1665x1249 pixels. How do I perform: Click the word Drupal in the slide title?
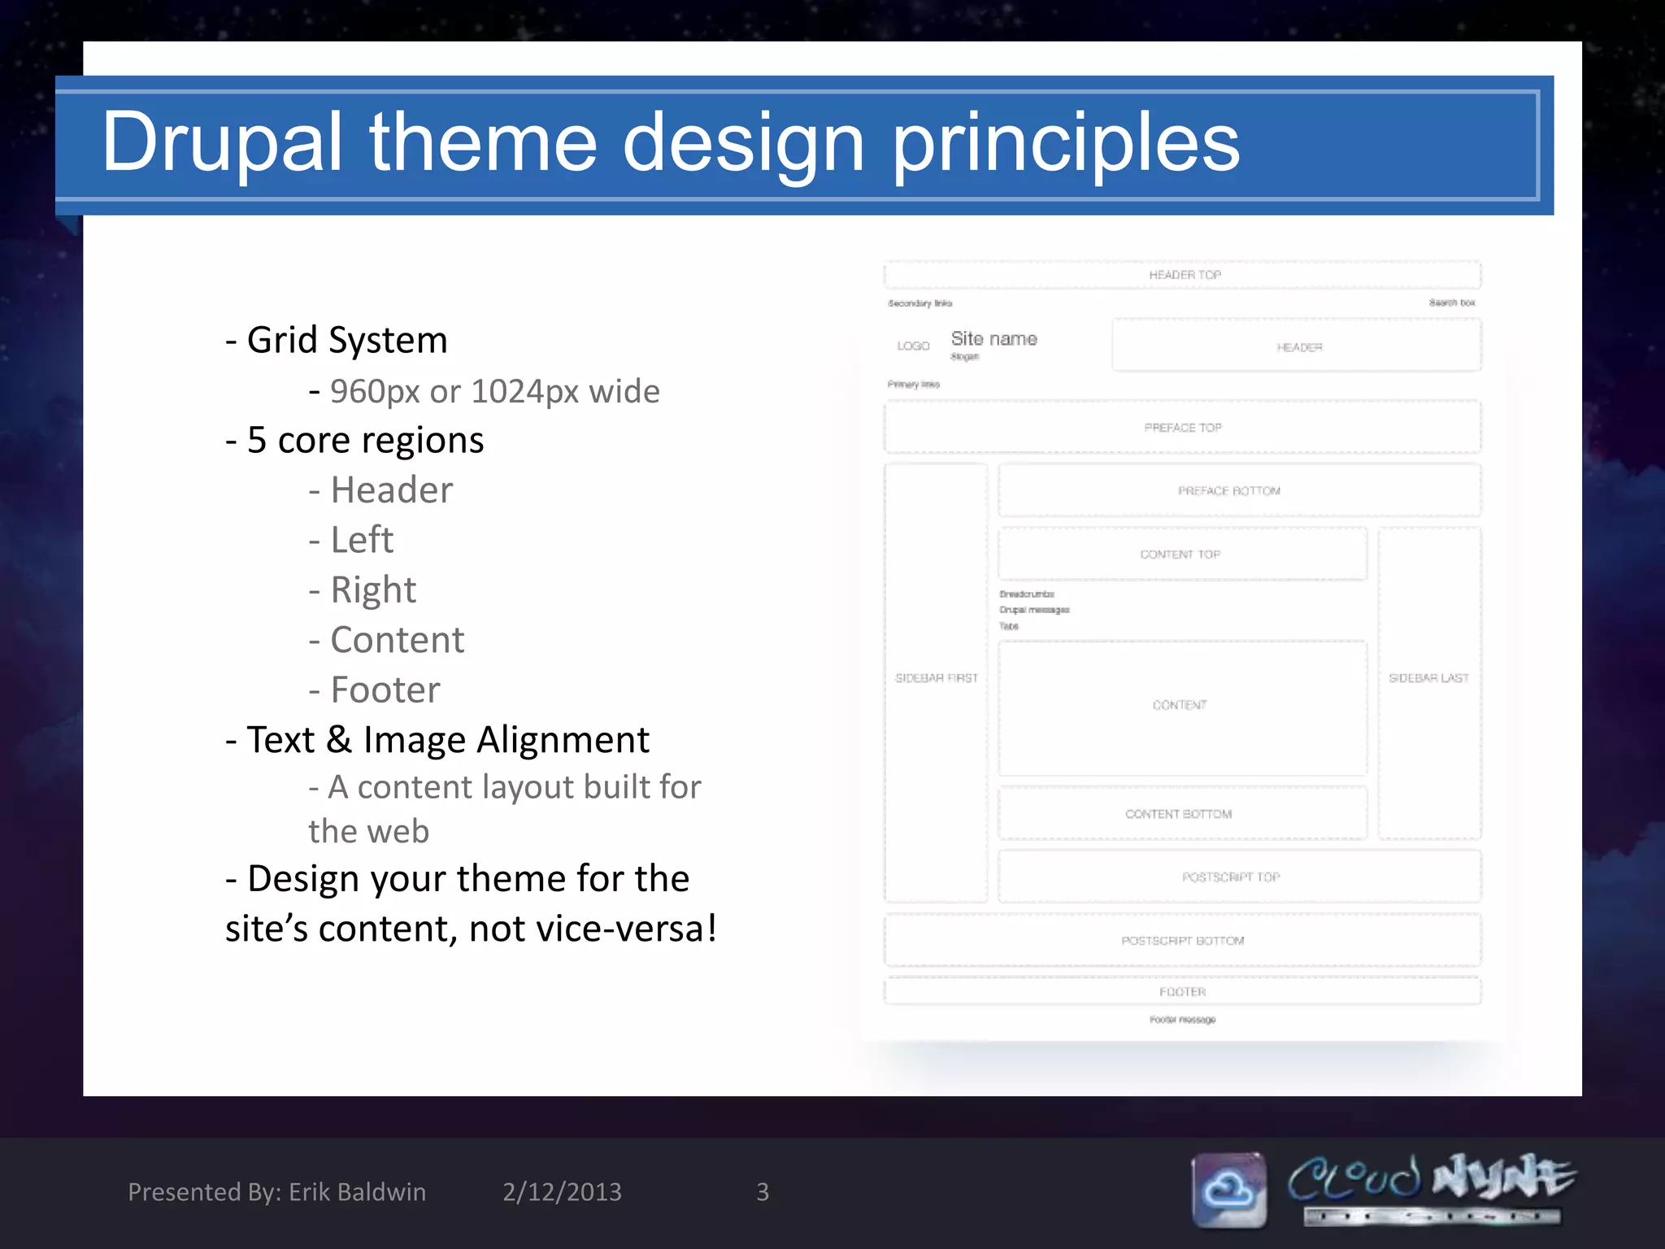pos(221,143)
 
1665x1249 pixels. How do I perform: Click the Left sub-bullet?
pos(352,540)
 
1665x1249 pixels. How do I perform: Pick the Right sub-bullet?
pos(363,590)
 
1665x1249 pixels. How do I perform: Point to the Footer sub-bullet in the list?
pos(375,690)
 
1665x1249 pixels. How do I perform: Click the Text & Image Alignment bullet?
pos(438,740)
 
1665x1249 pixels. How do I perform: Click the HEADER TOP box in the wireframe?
pos(1183,275)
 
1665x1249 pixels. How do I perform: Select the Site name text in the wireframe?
pos(993,338)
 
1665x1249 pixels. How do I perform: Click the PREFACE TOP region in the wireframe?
pos(1183,428)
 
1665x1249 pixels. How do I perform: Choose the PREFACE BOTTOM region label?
pos(1228,491)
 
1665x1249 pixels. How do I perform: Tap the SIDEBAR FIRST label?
pos(936,678)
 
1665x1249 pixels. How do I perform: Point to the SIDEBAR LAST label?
pos(1428,678)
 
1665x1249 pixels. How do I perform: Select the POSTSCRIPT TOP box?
pos(1231,877)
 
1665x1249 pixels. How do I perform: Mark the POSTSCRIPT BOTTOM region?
pos(1183,941)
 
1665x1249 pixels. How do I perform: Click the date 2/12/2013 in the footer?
pos(562,1192)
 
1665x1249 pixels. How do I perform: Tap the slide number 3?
pos(763,1192)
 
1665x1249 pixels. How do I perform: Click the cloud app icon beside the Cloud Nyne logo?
pos(1229,1190)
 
